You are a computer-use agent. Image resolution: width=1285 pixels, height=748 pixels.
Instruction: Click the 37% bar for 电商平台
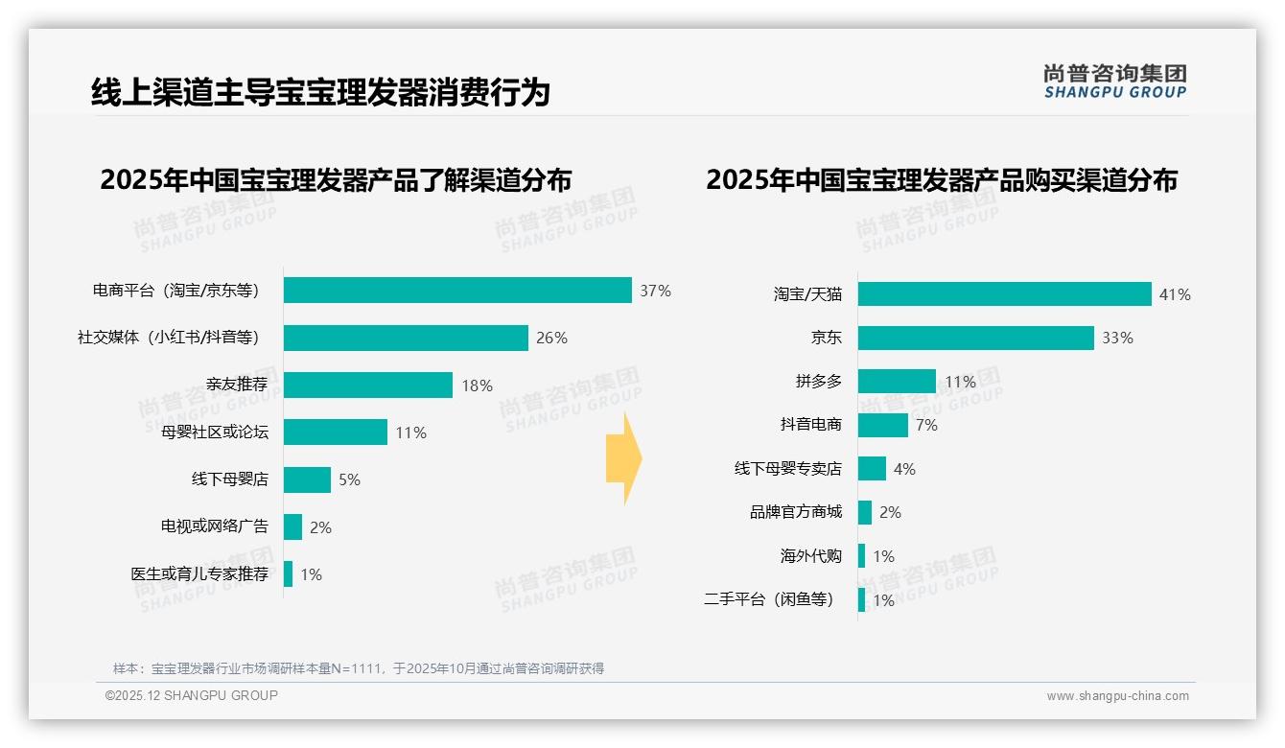pos(457,291)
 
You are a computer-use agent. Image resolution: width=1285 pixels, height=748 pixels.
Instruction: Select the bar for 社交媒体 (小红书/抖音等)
pos(406,338)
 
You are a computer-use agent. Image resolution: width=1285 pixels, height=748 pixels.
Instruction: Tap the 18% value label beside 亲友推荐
pos(477,386)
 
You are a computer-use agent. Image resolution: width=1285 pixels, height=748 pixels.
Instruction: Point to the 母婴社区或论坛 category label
pos(215,432)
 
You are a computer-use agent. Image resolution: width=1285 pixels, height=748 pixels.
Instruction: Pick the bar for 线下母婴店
pos(307,479)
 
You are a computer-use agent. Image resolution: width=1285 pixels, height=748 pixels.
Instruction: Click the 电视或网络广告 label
pos(215,526)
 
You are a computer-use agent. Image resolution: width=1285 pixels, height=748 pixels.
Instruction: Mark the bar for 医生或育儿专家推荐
pos(288,574)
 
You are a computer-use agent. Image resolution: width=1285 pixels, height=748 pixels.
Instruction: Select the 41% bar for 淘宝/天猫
pos(1004,294)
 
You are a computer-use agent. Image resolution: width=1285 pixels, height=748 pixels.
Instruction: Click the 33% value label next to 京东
pos(1117,338)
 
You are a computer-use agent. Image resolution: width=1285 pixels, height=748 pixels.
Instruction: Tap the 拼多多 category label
pos(818,382)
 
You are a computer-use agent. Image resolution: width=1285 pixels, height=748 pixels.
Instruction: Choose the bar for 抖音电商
pos(882,425)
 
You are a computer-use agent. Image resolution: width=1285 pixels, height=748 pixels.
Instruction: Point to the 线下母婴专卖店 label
pos(787,469)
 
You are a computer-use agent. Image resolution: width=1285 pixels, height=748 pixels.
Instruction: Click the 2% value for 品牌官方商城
pos(890,512)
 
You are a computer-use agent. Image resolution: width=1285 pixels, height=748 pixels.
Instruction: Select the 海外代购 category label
pos(810,556)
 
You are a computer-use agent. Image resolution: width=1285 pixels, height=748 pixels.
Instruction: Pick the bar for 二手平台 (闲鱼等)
pos(861,600)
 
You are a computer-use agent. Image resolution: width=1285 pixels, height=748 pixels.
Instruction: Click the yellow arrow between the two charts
pos(623,458)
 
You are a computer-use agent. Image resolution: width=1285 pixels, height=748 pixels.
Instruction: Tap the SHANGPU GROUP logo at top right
pos(1114,82)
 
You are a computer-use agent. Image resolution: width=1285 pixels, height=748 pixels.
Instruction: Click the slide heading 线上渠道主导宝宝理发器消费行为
pos(320,92)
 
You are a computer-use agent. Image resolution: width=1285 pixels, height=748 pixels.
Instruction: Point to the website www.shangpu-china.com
pos(1117,696)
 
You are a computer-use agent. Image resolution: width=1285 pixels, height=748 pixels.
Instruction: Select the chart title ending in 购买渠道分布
pos(941,180)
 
